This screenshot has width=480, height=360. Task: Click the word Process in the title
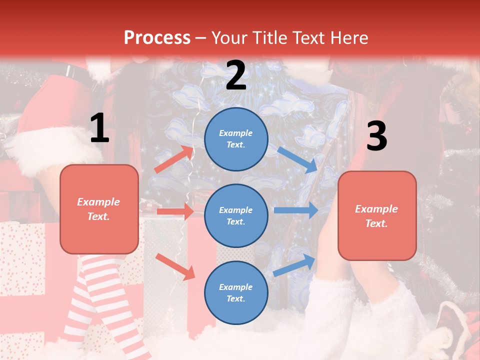click(x=157, y=38)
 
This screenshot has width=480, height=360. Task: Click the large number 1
click(x=99, y=128)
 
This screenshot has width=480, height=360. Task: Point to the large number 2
click(x=236, y=75)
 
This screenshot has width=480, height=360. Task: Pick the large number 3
click(x=376, y=136)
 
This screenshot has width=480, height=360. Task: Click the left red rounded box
click(x=99, y=209)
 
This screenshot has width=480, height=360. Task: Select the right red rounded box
click(x=377, y=215)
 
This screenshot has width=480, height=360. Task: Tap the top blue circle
click(x=236, y=139)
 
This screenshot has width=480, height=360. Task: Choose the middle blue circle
click(x=236, y=215)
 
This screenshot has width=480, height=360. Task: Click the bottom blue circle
click(x=236, y=292)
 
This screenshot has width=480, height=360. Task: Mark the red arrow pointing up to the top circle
click(x=173, y=159)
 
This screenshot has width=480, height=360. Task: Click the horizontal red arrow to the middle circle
click(x=175, y=211)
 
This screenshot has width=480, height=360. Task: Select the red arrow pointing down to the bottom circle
click(x=175, y=266)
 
